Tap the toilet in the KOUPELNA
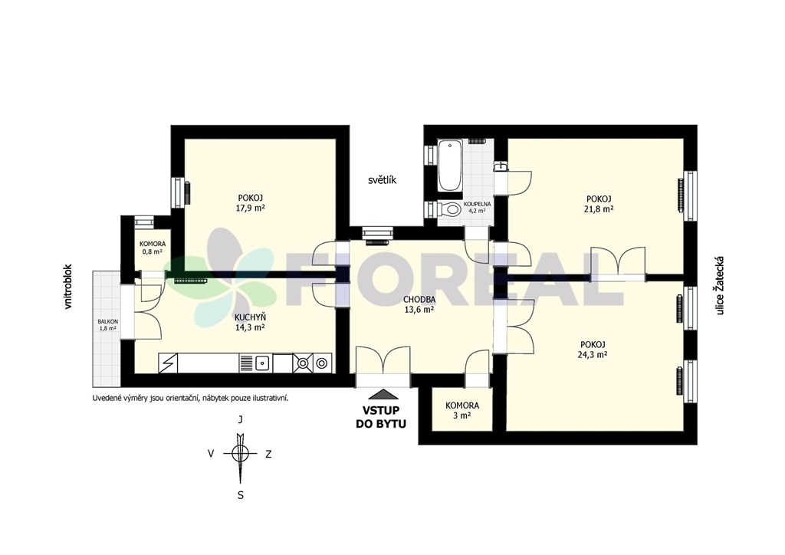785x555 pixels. click(449, 209)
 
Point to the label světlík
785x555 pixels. click(382, 180)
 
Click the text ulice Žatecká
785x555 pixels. click(721, 286)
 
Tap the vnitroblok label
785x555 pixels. click(68, 286)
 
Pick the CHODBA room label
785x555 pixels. click(419, 300)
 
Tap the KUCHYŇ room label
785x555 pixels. click(251, 317)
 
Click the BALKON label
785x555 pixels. click(108, 321)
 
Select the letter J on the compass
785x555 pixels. click(240, 420)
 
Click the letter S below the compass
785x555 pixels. click(240, 495)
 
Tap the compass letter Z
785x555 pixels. click(268, 455)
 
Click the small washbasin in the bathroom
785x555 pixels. click(500, 166)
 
